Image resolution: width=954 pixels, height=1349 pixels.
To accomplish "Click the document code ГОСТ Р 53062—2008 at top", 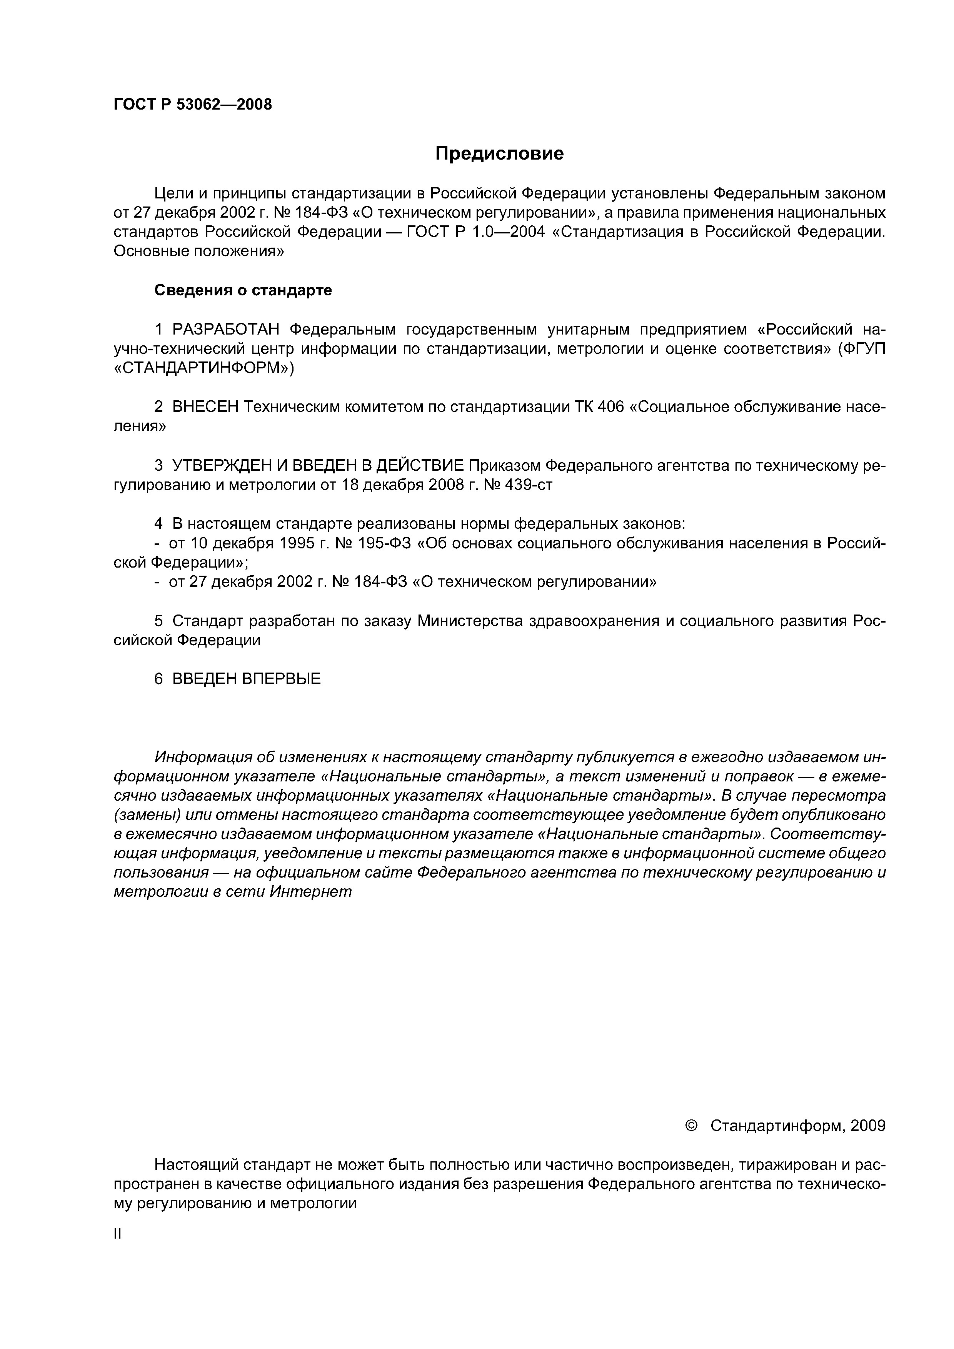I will click(x=193, y=105).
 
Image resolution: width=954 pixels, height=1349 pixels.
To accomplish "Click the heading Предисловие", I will click(x=499, y=153).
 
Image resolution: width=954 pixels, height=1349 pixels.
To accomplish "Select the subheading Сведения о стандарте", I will click(x=243, y=290).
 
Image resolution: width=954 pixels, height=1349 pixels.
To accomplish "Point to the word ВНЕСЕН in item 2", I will click(x=205, y=406).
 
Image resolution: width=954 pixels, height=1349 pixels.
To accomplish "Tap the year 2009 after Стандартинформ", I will click(x=867, y=1125).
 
